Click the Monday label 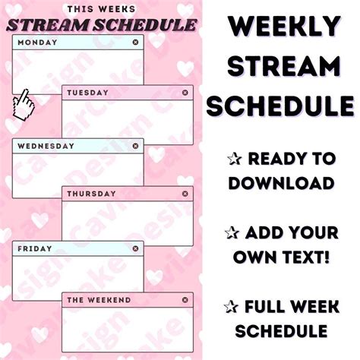[x=37, y=43]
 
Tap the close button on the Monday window [x=135, y=43]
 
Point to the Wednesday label [x=46, y=145]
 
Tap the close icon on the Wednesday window [x=135, y=145]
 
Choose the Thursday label [x=91, y=194]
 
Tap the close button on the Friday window [x=135, y=248]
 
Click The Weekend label [x=97, y=299]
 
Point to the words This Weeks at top [x=100, y=9]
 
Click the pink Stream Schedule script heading [x=100, y=24]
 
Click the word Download [x=282, y=183]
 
